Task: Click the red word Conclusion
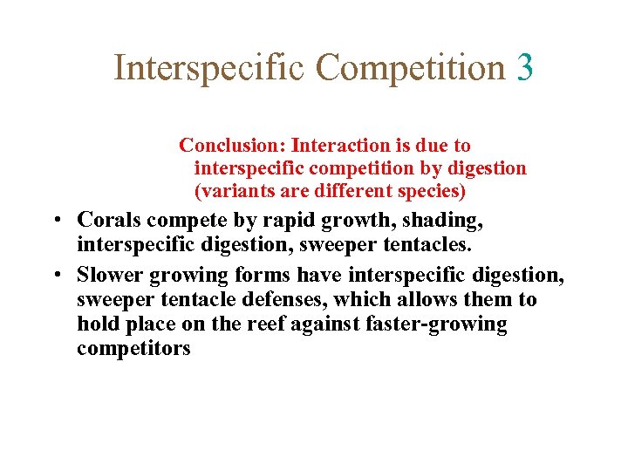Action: point(232,146)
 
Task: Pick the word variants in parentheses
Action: point(231,190)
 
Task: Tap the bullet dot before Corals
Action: point(55,220)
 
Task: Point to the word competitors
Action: point(133,349)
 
